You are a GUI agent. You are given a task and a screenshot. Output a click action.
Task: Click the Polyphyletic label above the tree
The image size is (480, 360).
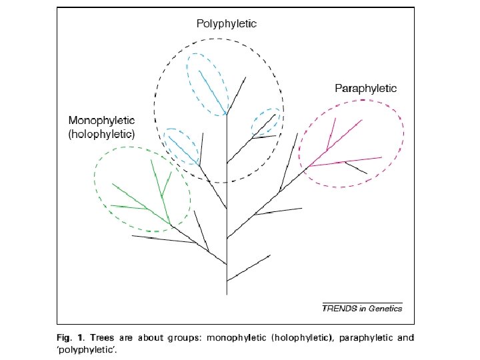[x=226, y=23]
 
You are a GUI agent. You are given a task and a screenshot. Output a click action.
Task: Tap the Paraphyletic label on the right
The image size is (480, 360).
[x=365, y=88]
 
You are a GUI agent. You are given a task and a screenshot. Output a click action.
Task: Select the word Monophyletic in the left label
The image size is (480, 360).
[x=101, y=121]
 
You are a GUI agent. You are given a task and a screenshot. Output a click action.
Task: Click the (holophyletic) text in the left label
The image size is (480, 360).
[x=101, y=134]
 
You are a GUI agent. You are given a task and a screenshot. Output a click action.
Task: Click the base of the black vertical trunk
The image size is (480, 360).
[x=227, y=292]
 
